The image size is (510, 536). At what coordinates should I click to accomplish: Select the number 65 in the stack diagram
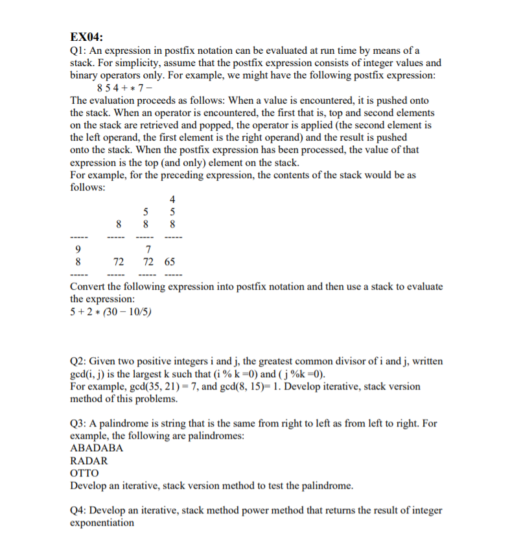169,262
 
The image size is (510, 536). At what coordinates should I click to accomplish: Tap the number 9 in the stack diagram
78,250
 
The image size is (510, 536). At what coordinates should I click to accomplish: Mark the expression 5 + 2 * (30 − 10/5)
110,312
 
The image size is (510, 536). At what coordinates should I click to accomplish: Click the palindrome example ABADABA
96,449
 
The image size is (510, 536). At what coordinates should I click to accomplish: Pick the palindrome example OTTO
84,473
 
